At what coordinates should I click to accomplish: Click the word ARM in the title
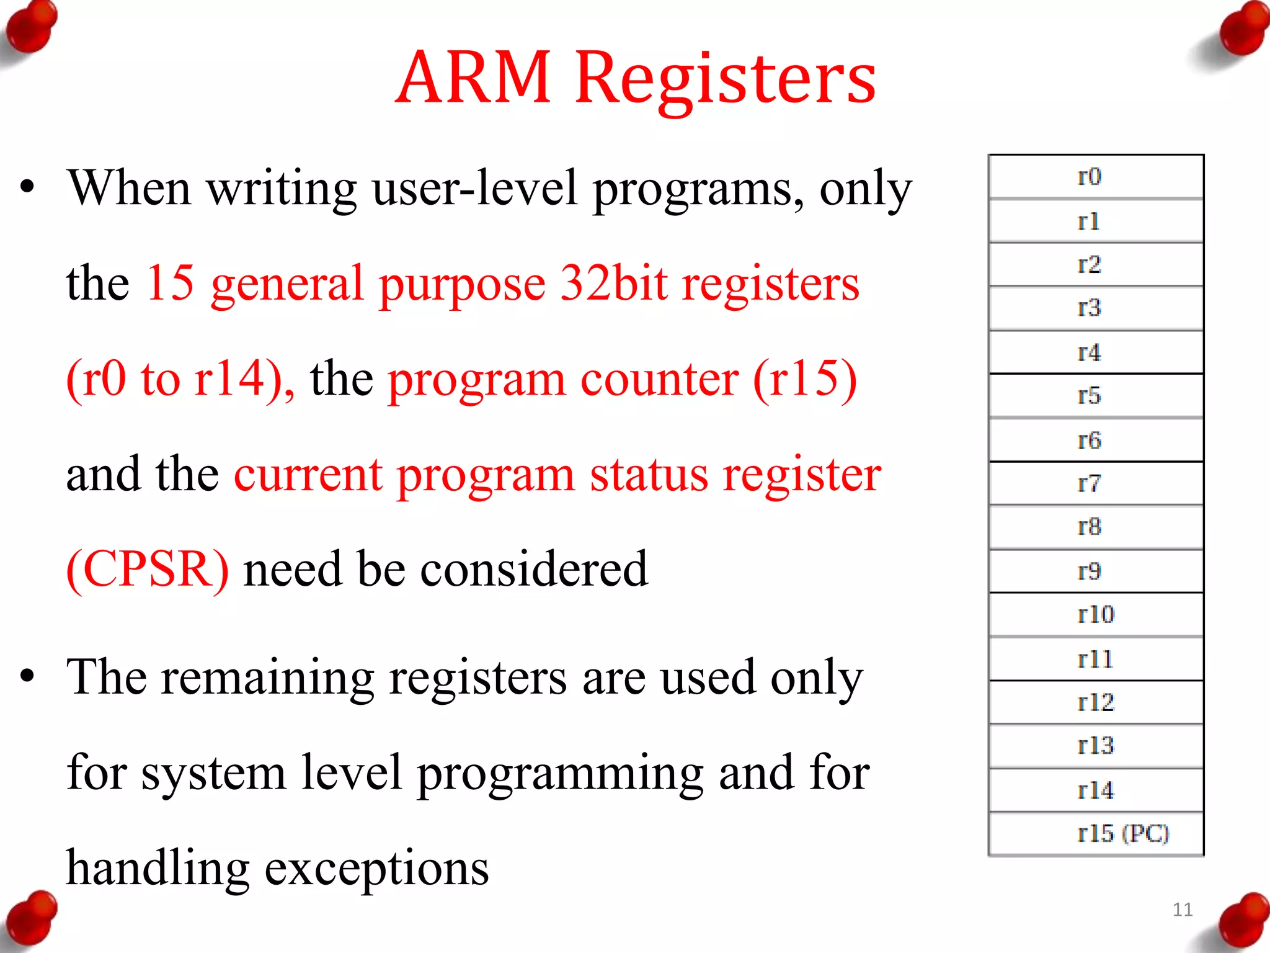point(473,78)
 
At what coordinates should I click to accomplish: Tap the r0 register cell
point(1095,177)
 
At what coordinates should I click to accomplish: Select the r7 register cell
point(1095,483)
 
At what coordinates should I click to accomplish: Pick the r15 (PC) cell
point(1095,834)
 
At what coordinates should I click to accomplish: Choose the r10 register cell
point(1095,615)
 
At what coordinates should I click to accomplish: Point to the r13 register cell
point(1095,746)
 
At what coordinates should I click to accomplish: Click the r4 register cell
point(1095,352)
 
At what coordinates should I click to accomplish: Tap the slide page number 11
point(1183,910)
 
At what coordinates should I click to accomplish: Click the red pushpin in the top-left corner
point(31,28)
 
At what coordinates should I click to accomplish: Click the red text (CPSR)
point(148,570)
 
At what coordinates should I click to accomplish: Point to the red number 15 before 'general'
point(170,284)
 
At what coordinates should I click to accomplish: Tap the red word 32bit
point(614,284)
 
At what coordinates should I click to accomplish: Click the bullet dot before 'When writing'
point(27,187)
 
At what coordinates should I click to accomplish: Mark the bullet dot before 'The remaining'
point(27,676)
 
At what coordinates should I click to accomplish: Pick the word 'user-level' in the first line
point(474,188)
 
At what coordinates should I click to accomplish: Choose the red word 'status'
point(649,475)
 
